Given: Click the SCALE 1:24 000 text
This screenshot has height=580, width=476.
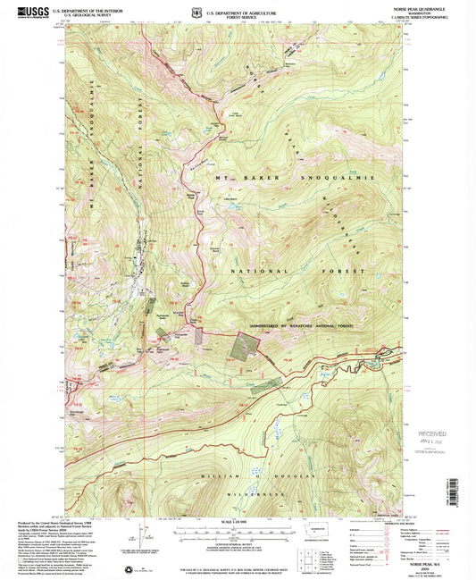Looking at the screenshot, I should [x=238, y=521].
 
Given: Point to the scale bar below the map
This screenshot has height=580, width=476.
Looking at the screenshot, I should [x=238, y=529].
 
